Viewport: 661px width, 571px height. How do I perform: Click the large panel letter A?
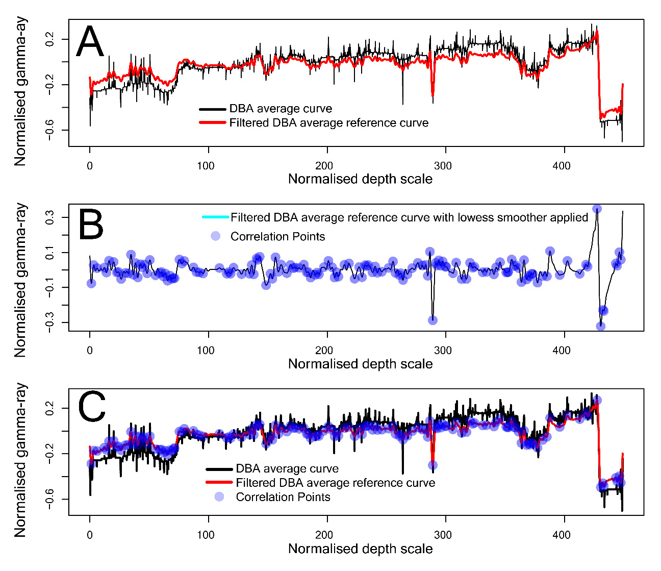point(90,43)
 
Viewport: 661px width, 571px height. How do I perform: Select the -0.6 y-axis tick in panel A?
point(49,130)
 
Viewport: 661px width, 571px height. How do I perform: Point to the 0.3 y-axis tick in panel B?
point(49,218)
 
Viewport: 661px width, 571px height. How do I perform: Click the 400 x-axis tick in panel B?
point(562,351)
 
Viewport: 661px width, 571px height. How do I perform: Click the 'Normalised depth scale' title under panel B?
point(360,364)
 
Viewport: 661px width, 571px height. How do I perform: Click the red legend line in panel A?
point(212,123)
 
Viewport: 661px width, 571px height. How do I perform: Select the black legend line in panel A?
point(212,109)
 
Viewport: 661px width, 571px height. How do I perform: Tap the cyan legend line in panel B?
point(215,217)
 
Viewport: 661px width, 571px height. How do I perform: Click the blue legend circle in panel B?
point(216,236)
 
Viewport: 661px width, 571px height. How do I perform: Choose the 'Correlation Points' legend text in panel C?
point(283,497)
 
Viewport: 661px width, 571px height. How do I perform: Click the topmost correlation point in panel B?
point(597,209)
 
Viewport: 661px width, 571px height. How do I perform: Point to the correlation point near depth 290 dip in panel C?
point(433,465)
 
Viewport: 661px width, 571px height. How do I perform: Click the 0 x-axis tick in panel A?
point(90,166)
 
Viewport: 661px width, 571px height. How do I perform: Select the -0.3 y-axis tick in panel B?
point(49,322)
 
